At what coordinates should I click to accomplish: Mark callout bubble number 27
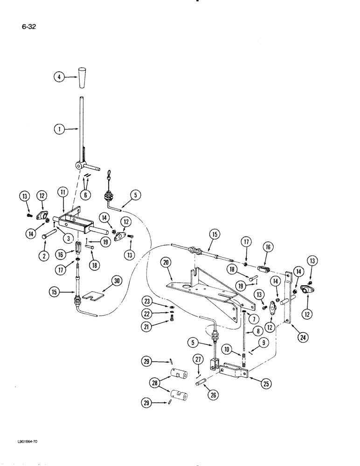pyautogui.click(x=198, y=359)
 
